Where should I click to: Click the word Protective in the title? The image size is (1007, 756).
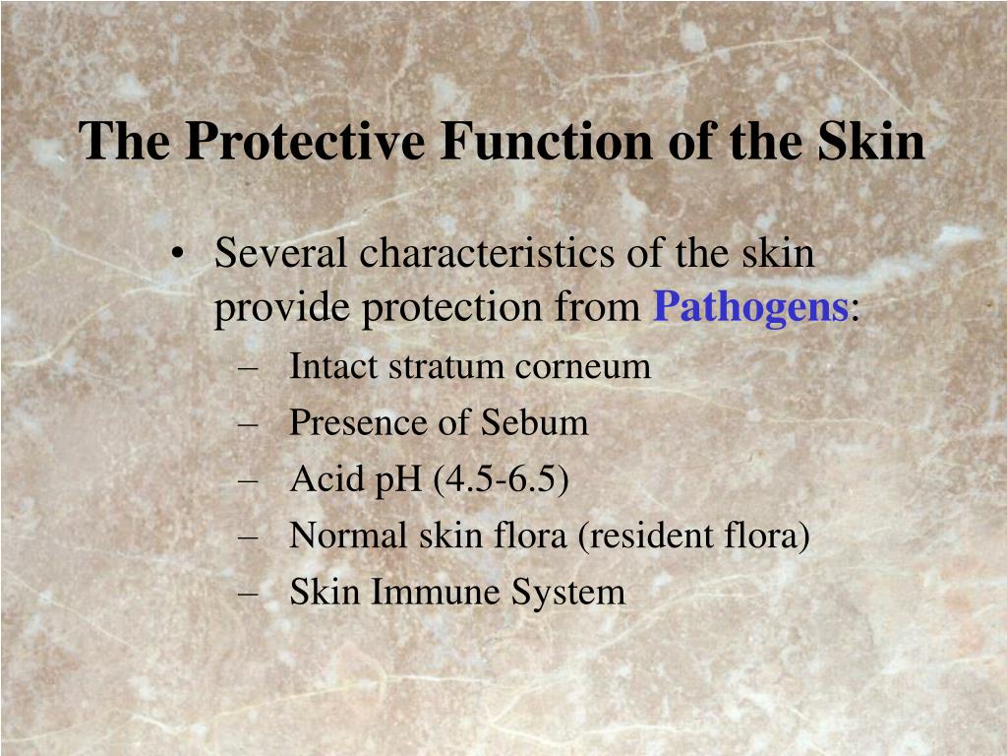pos(305,140)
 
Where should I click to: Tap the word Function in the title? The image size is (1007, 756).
pos(547,140)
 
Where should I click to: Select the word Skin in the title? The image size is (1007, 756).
pos(871,140)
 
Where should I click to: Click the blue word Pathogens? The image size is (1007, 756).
pos(750,308)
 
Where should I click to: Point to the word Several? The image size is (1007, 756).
pos(280,253)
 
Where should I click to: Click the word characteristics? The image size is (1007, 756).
pos(486,253)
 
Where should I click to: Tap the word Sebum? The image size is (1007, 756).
pos(534,423)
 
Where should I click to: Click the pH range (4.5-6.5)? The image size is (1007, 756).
pos(501,480)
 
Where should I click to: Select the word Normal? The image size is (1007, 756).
pos(348,535)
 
